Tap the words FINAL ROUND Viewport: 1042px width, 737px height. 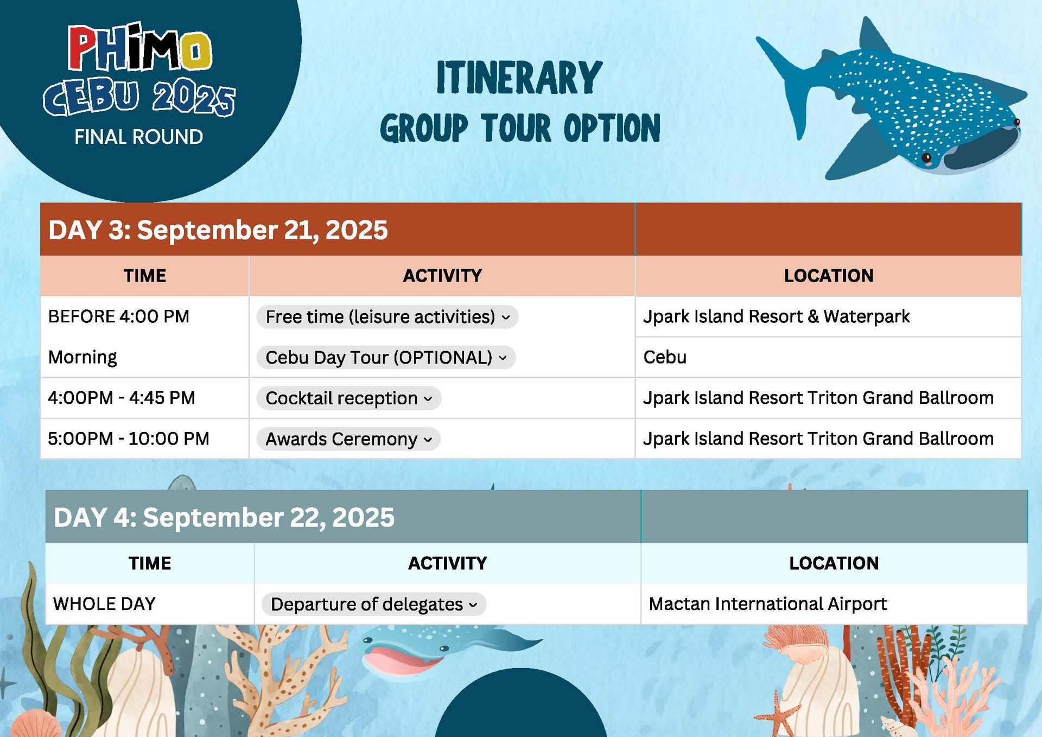pos(139,137)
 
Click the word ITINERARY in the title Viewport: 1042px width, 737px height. pos(519,78)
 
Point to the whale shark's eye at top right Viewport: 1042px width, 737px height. pos(927,158)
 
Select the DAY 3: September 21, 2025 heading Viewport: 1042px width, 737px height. pos(218,230)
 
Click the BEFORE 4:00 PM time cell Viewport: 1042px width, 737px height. pos(119,316)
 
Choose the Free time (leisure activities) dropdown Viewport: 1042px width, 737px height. pos(387,317)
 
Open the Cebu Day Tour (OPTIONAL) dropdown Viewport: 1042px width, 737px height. pos(386,358)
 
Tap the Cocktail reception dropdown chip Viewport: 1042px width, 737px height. pos(348,398)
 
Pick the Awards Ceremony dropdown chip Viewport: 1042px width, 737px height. pos(348,439)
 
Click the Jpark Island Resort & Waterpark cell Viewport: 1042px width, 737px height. pos(776,316)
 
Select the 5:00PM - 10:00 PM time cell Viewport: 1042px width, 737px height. pos(129,439)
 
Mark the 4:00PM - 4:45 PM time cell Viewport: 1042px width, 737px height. pos(122,398)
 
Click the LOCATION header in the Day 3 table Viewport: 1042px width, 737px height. pos(828,276)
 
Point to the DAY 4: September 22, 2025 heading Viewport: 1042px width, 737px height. pos(224,517)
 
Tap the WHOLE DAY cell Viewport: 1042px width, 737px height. pos(105,604)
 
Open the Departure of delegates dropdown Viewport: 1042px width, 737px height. pos(374,605)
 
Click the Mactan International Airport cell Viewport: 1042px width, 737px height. pos(767,604)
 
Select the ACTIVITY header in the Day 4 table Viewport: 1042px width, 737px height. pos(447,563)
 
